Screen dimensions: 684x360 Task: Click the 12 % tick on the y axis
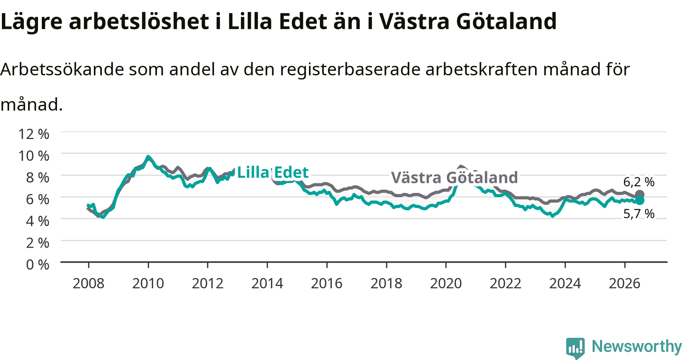[x=34, y=134]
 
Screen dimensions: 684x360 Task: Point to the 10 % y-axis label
[x=34, y=156]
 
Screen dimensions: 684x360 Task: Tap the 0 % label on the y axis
[x=38, y=265]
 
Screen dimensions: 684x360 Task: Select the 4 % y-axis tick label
[x=38, y=221]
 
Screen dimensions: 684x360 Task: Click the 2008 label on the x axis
[x=89, y=283]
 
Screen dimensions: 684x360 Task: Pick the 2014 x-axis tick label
[x=268, y=283]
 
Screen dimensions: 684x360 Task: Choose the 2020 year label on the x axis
[x=446, y=283]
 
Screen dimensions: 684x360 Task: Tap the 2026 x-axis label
[x=625, y=283]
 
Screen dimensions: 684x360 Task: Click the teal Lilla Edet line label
[x=273, y=173]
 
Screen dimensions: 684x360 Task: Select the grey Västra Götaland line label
[x=454, y=178]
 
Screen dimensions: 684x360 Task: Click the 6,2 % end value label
[x=639, y=182]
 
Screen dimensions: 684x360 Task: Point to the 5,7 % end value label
[x=639, y=214]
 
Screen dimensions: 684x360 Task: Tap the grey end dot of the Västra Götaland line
[x=640, y=195]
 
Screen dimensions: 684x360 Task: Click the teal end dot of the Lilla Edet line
[x=640, y=200]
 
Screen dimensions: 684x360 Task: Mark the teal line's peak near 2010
[x=148, y=156]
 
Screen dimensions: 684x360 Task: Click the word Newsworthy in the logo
[x=637, y=346]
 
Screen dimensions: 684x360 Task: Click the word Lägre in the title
[x=31, y=22]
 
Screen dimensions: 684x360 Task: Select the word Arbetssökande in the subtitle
[x=62, y=69]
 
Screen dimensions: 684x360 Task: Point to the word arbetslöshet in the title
[x=139, y=21]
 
